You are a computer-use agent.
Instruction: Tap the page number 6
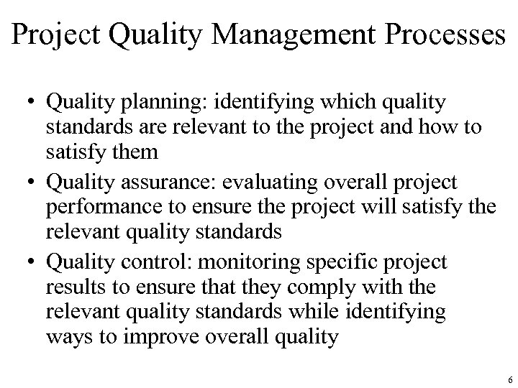[509, 379]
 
